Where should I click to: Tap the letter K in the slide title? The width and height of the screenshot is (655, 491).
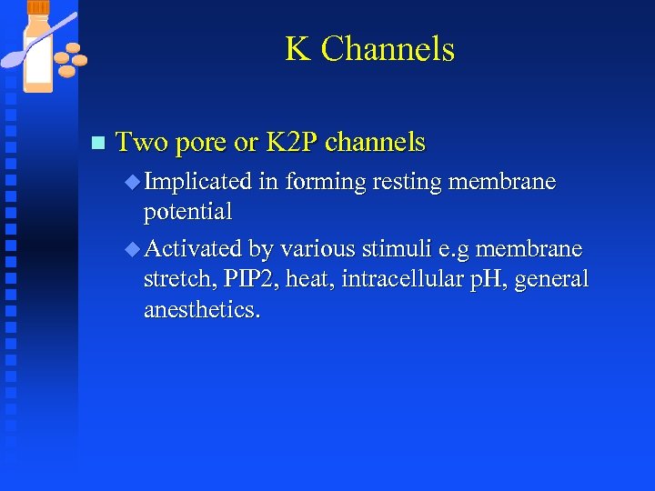297,49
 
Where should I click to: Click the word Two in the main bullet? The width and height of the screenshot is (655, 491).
140,142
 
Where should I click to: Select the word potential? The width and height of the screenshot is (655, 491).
188,213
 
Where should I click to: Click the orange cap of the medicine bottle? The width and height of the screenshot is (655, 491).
39,8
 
